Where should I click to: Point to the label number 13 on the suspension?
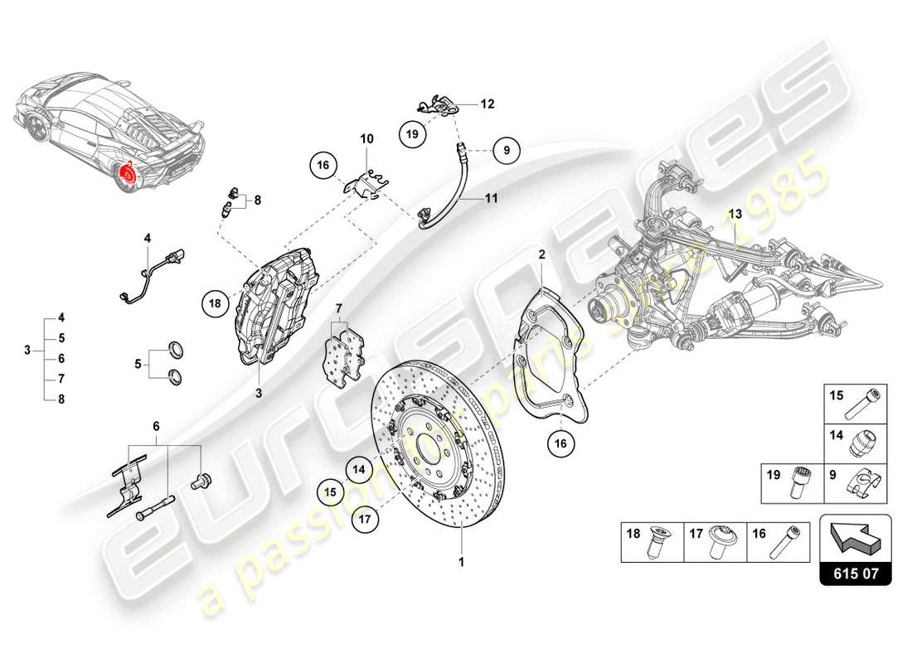pos(735,214)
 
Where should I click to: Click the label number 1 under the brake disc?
pos(462,561)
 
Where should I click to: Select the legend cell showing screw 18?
pos(652,542)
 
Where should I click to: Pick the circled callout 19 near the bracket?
pos(412,132)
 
